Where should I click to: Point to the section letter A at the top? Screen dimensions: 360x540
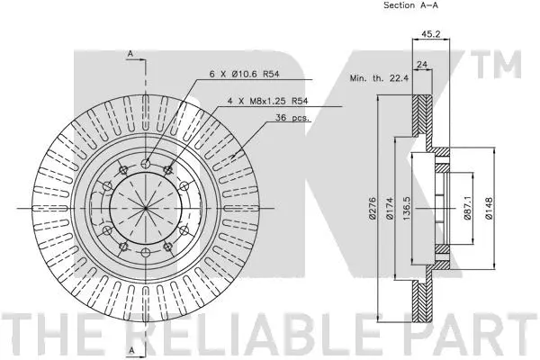point(131,55)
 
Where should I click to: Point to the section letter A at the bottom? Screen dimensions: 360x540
point(131,348)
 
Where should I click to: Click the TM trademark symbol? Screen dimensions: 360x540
point(504,66)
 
